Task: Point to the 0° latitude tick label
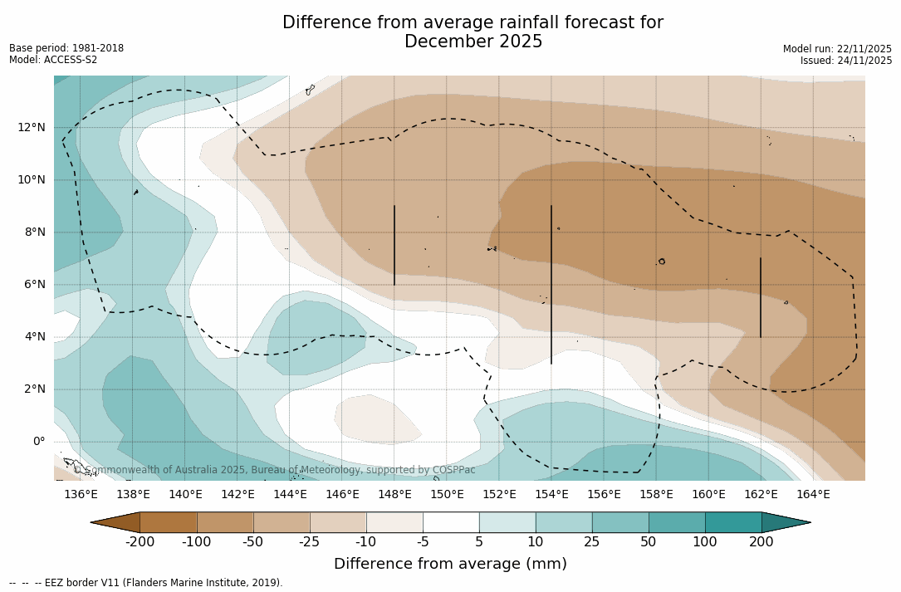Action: coord(39,441)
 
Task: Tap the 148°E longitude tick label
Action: coord(394,494)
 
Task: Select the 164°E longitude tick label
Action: coord(813,494)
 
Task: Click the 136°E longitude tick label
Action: coord(81,494)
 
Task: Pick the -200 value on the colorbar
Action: coord(140,542)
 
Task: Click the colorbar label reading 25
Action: coord(592,542)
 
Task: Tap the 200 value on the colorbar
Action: coord(761,542)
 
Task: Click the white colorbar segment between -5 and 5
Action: coord(451,522)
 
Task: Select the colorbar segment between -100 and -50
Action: coord(225,522)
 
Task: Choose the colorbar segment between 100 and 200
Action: coord(733,522)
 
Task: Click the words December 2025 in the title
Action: coord(473,42)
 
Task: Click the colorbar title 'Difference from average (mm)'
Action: coord(450,564)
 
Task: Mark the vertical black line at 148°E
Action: coord(394,245)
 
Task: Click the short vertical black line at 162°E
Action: coord(761,297)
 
